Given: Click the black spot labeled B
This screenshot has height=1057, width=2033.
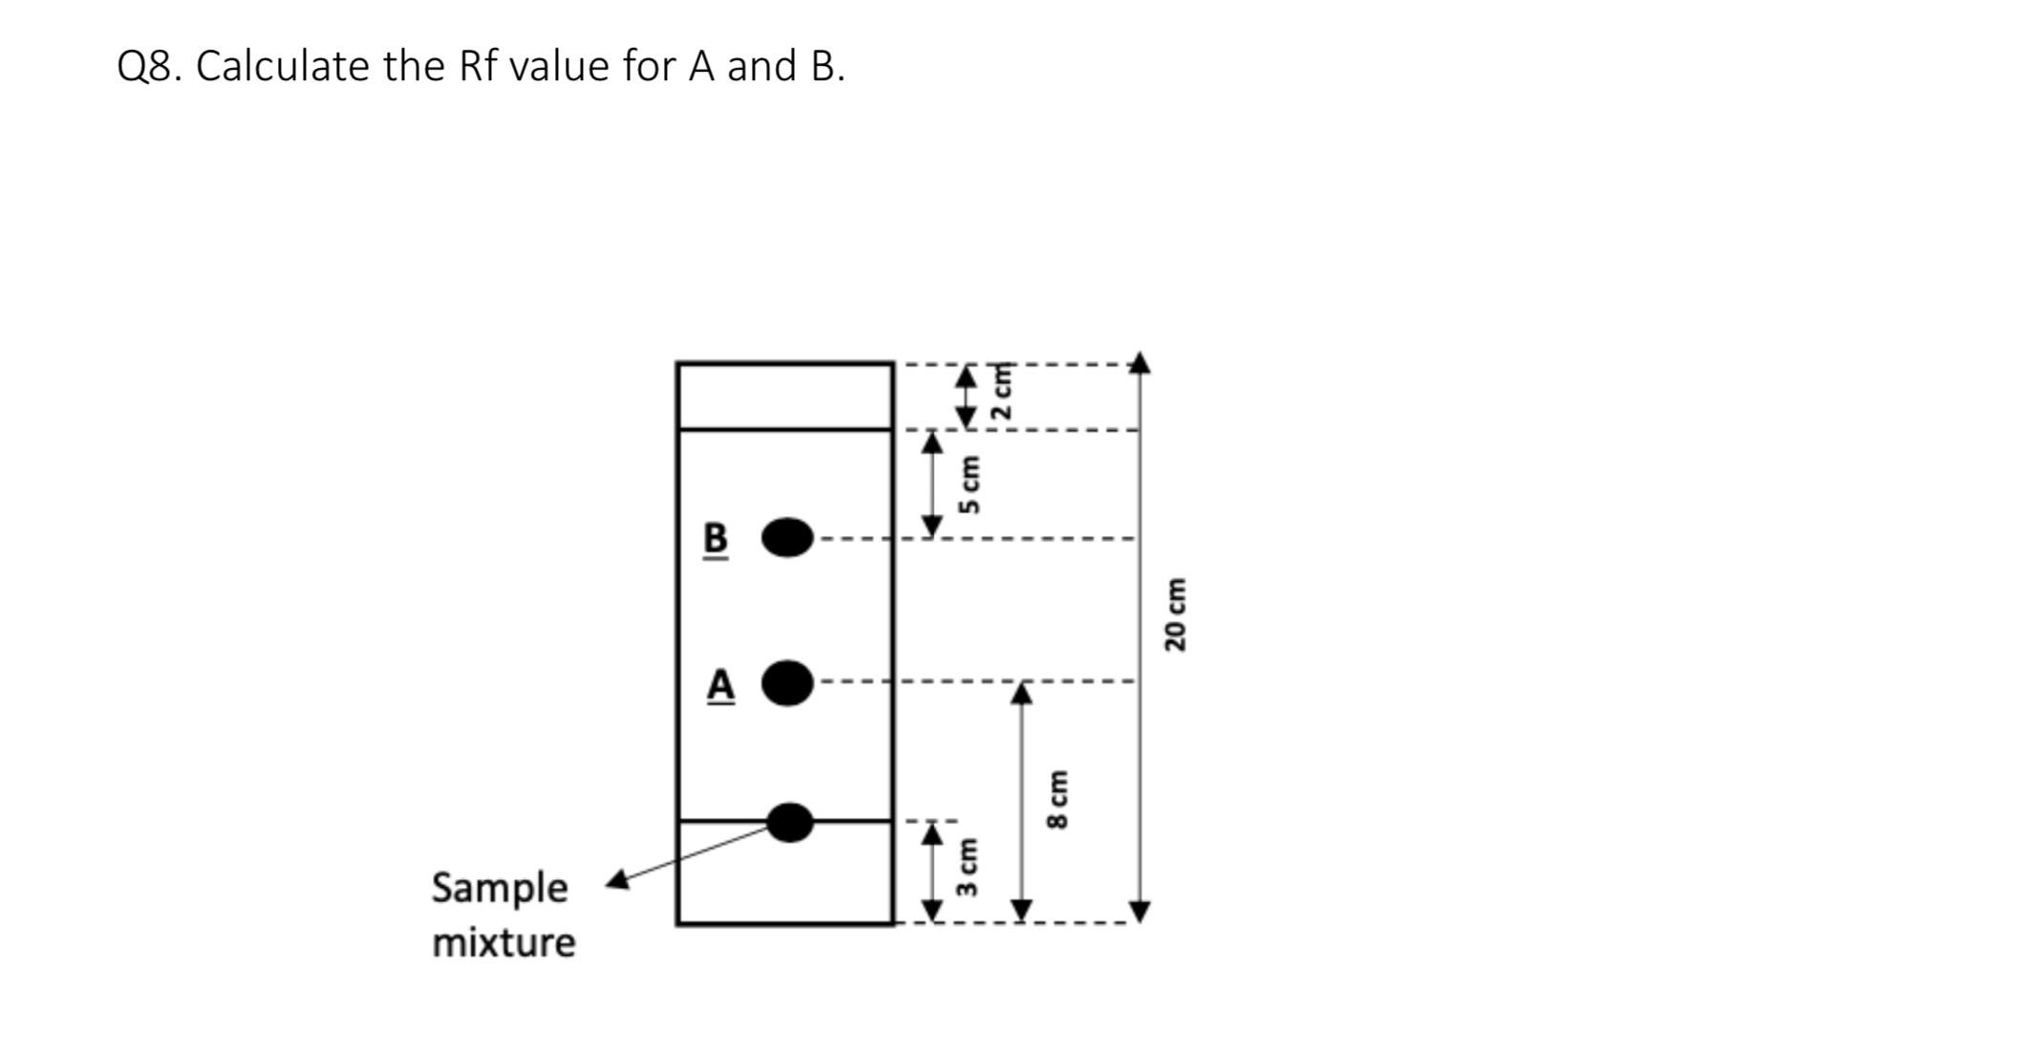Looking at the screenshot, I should (787, 538).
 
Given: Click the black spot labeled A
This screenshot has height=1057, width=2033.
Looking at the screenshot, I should (788, 682).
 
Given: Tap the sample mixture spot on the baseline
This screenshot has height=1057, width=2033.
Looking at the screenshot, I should (790, 822).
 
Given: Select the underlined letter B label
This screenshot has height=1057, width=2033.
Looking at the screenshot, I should (716, 539).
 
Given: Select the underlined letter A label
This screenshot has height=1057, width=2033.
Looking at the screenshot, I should (721, 685).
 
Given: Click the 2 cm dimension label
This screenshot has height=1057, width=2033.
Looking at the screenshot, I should (1001, 392).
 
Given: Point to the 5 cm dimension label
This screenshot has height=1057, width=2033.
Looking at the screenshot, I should (971, 484).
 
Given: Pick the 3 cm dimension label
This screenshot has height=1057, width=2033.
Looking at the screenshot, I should (967, 867).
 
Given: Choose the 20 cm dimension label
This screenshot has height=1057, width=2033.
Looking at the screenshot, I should (1174, 614).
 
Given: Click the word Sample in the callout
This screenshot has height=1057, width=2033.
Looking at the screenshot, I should (500, 888).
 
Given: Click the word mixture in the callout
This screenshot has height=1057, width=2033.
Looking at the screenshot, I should (503, 942).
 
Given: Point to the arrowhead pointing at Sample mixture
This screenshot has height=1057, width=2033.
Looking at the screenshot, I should (617, 880).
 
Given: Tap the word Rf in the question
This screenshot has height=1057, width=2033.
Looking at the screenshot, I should (479, 67).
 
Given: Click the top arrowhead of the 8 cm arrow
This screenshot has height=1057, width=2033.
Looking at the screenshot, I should (1022, 692).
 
